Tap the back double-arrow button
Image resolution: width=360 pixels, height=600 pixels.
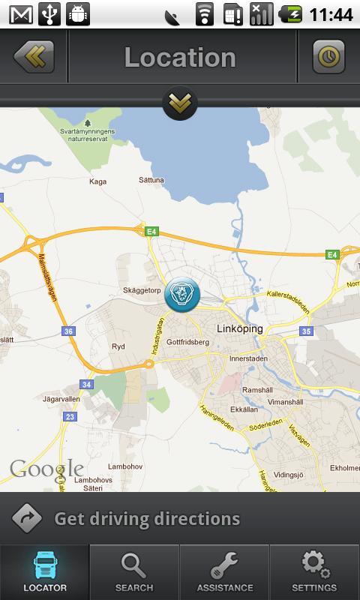coord(34,56)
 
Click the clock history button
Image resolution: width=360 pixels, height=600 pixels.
coord(328,56)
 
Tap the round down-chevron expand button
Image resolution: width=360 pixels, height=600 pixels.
coord(180,103)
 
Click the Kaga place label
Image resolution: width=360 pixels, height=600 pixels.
coord(97,181)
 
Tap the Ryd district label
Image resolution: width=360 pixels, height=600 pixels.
coord(118,346)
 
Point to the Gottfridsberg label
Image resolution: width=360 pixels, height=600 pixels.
coord(187,342)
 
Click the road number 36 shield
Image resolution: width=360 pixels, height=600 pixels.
coord(68,331)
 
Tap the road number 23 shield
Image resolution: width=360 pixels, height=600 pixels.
coord(70,416)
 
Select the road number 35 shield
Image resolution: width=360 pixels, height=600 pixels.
coord(305,331)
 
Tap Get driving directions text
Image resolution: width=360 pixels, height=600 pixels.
coord(147,519)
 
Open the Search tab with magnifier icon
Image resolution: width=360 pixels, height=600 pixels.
coord(134,571)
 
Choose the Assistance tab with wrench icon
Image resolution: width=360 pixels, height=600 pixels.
coord(224,571)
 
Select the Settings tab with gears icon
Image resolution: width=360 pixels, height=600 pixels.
coord(314,571)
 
